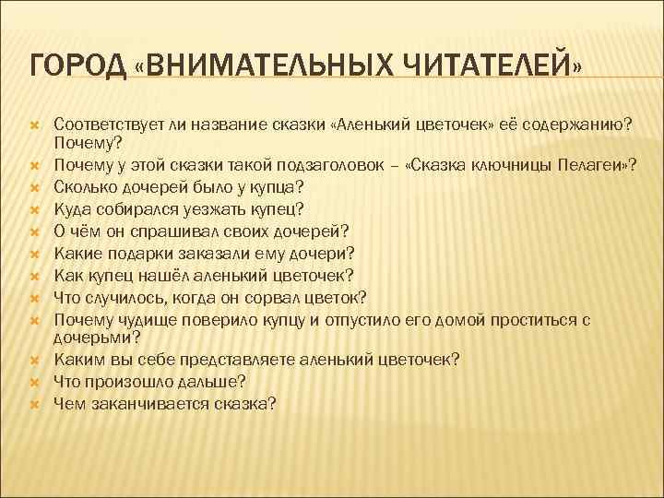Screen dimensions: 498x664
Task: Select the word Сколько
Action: pos(82,185)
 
